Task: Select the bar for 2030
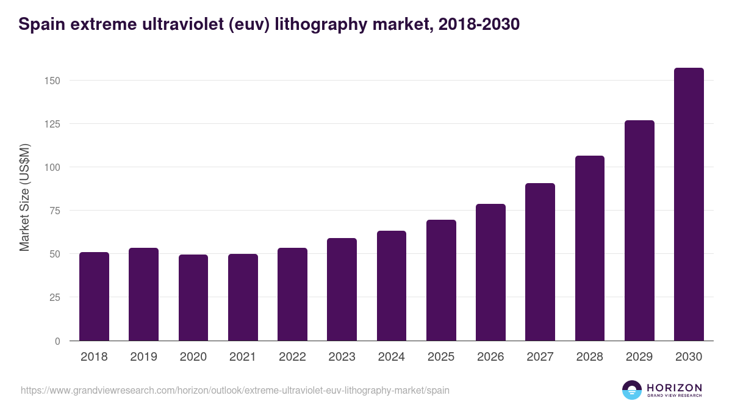[x=689, y=204]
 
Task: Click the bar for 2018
[x=94, y=297]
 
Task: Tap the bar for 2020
[x=193, y=298]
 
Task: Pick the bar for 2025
[x=441, y=280]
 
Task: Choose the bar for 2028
[x=590, y=248]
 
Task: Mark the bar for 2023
[x=342, y=289]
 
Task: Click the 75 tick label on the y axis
[x=54, y=211]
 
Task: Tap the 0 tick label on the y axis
[x=57, y=341]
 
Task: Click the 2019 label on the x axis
[x=143, y=357]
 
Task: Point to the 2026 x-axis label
[x=490, y=357]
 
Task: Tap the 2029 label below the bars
[x=639, y=357]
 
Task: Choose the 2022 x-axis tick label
[x=292, y=357]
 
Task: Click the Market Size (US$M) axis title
[x=24, y=198]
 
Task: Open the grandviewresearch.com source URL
[x=235, y=390]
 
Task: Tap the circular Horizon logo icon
[x=632, y=390]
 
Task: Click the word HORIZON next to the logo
[x=674, y=387]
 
